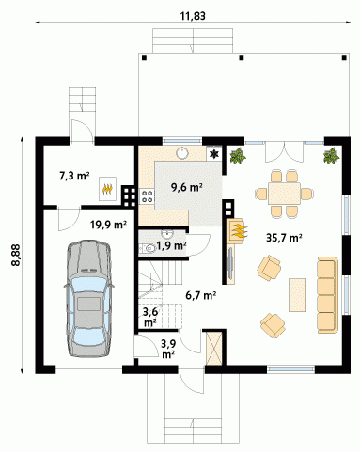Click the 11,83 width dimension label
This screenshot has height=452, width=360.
(x=193, y=16)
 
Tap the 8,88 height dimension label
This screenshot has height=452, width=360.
(x=15, y=255)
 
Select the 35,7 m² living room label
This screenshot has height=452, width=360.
(x=284, y=238)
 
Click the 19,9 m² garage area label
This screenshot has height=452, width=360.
(x=108, y=225)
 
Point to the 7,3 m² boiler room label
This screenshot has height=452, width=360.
(x=74, y=176)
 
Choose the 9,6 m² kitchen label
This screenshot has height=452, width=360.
(x=186, y=187)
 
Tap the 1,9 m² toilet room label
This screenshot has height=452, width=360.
(x=171, y=246)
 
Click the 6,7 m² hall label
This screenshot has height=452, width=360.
(x=201, y=295)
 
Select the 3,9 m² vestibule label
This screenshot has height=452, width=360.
(x=168, y=349)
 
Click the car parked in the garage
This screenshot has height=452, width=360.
(x=89, y=298)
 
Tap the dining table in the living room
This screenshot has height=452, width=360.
(x=284, y=194)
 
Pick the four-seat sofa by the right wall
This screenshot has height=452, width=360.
(x=328, y=295)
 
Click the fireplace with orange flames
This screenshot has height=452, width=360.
(x=237, y=231)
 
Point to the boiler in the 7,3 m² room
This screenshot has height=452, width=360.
(x=107, y=189)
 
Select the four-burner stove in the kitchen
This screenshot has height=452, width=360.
(x=147, y=196)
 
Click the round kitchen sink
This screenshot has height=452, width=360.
(x=181, y=153)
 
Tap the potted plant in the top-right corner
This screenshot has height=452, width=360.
(x=331, y=156)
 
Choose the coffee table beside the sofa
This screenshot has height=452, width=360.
(x=297, y=295)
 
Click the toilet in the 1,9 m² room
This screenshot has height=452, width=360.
(x=149, y=249)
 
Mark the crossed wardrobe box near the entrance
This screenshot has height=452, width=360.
(x=214, y=349)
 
